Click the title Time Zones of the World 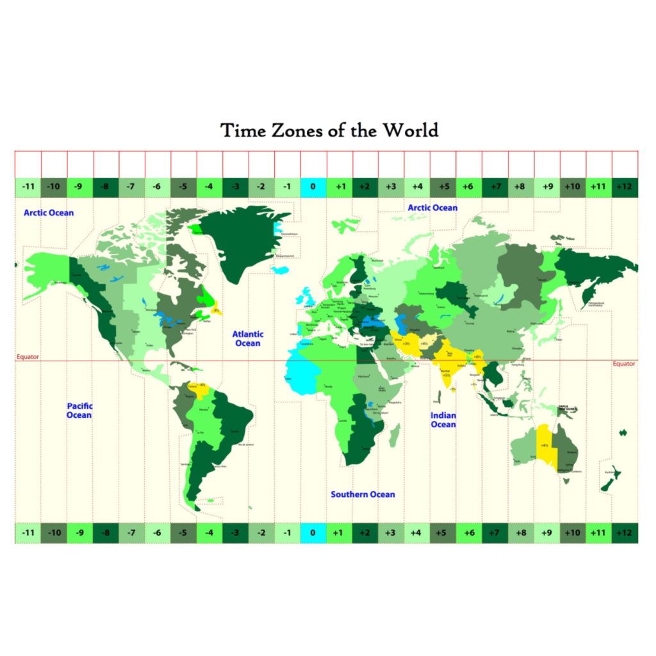329,131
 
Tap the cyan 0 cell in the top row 313,188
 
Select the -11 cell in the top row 28,188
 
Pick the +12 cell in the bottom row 625,533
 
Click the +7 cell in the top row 495,188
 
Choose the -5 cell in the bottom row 183,533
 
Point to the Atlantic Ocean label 247,338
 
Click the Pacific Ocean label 79,411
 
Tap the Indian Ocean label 443,420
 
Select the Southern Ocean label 363,495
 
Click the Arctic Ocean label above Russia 432,208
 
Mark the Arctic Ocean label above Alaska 49,213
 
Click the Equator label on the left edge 28,357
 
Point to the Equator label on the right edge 623,364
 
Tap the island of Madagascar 394,438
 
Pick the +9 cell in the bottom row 547,533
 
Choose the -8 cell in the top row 106,188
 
